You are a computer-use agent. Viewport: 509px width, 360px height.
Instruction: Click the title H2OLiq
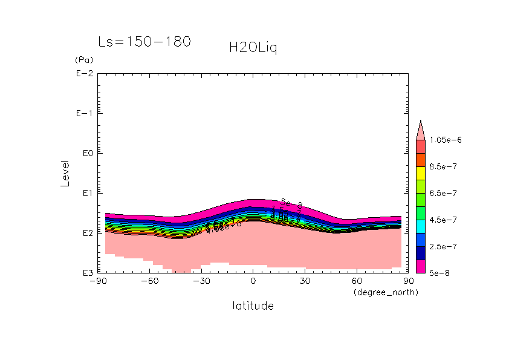tap(253, 47)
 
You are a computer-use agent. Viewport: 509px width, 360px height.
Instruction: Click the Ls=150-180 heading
tap(144, 42)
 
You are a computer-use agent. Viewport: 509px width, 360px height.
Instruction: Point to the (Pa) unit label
tap(82, 61)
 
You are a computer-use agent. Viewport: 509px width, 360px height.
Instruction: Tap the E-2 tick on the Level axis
tap(84, 74)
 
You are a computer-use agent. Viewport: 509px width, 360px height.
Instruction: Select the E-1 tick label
tap(84, 114)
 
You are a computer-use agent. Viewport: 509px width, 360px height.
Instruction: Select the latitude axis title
tap(253, 306)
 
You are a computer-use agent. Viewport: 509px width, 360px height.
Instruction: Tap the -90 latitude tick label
tap(97, 281)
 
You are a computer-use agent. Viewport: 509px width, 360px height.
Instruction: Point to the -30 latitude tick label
tap(201, 281)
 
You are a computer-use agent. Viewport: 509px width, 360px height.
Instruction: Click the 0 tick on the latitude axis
tap(253, 281)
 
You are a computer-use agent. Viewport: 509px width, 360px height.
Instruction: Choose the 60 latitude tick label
tap(357, 281)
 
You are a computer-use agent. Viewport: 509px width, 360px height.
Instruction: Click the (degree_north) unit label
tap(386, 292)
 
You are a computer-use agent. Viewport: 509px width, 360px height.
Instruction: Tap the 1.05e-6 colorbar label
tap(446, 140)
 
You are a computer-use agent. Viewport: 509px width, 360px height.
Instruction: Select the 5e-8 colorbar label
tap(441, 273)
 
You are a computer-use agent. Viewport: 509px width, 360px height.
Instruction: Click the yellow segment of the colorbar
tap(420, 172)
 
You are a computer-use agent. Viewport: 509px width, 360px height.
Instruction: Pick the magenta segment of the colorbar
tap(420, 266)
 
